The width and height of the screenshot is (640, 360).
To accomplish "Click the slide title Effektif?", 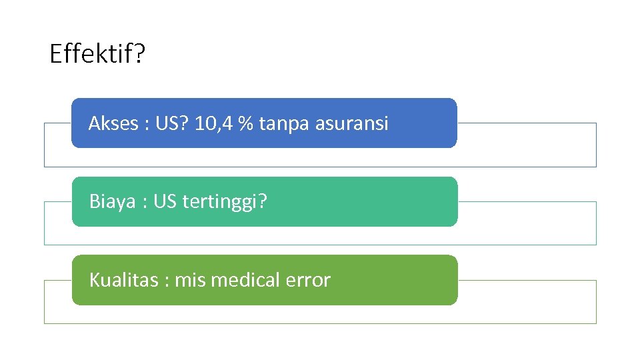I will point(96,53).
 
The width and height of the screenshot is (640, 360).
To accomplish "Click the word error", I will point(308,281).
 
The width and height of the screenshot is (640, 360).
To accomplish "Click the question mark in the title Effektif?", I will point(137,53).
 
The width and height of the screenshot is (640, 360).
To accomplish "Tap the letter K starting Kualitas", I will point(94,280).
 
